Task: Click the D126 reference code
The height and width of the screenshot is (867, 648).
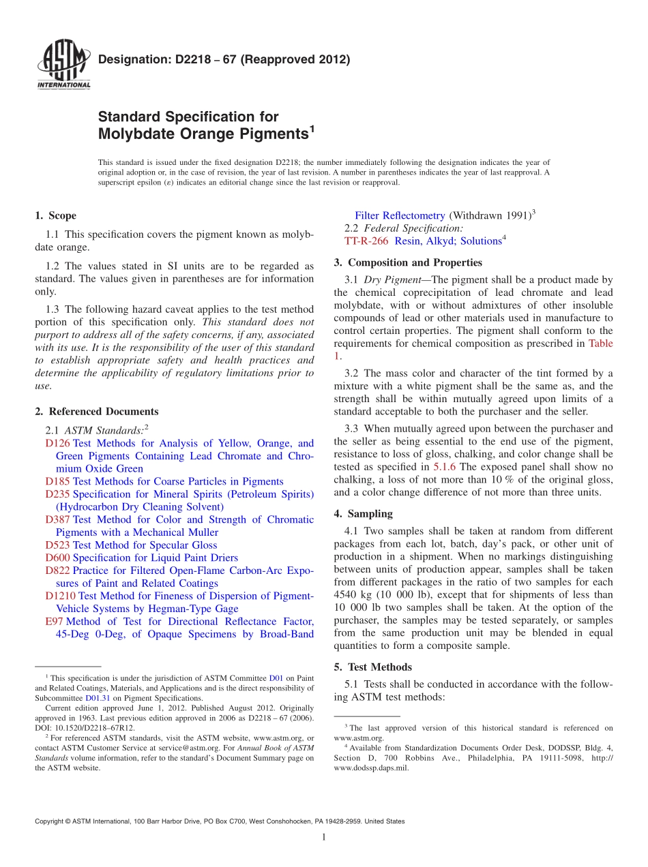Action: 57,443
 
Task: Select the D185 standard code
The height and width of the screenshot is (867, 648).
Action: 57,481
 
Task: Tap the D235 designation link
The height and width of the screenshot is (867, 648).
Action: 57,494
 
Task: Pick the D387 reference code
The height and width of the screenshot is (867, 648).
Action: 57,519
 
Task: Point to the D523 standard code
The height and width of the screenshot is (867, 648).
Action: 57,545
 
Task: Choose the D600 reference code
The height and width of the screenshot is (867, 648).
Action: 57,558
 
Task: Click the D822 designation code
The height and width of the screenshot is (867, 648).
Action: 57,571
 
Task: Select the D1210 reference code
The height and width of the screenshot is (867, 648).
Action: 60,596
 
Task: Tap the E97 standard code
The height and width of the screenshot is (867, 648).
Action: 54,622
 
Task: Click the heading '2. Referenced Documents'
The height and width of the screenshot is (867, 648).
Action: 96,411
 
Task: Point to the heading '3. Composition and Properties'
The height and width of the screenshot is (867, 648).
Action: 407,262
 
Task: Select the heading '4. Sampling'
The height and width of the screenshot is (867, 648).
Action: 363,514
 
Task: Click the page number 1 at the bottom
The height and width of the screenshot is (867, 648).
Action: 324,838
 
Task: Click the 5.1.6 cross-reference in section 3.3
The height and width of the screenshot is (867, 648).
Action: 445,466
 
